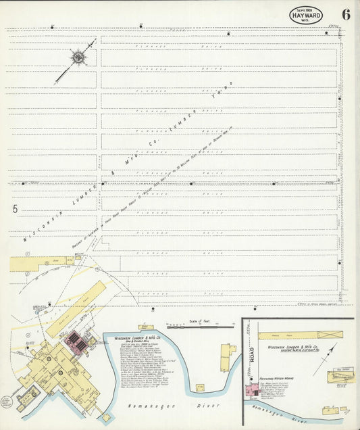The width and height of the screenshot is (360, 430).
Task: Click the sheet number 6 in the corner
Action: coord(346,14)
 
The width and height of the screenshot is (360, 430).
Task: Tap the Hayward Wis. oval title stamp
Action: coord(306,15)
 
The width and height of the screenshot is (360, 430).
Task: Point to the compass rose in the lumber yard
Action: coord(78,58)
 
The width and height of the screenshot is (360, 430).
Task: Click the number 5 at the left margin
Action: coord(14,209)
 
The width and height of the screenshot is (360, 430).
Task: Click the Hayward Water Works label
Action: coord(278,379)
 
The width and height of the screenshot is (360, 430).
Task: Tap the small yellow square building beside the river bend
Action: coord(200,387)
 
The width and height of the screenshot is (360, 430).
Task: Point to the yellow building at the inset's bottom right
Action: coord(338,379)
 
